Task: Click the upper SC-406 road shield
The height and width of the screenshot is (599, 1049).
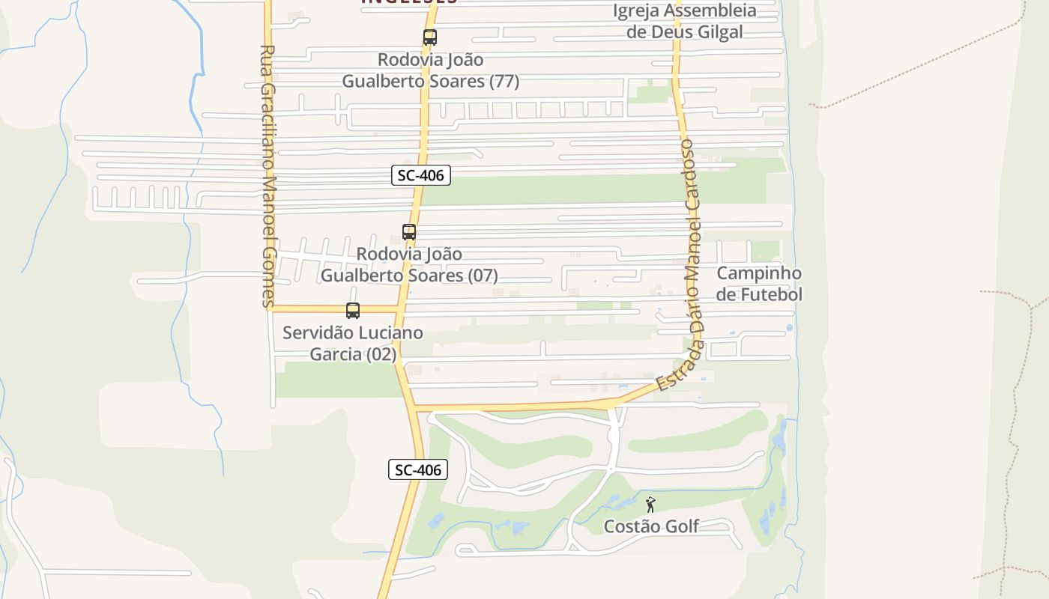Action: (x=420, y=176)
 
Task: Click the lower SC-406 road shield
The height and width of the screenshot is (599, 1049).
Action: (x=418, y=469)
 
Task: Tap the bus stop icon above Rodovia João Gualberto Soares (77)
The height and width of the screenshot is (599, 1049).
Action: (x=429, y=37)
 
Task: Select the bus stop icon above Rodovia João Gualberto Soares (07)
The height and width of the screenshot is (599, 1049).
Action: (x=409, y=232)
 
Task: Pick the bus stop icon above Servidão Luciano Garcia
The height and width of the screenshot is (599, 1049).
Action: (x=353, y=310)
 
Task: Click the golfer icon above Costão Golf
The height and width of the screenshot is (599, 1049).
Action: (x=650, y=505)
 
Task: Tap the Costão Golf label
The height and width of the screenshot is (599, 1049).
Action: (x=652, y=526)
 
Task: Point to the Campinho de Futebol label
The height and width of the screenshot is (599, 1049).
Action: (x=758, y=284)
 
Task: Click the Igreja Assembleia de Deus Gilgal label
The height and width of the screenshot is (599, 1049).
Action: (x=685, y=21)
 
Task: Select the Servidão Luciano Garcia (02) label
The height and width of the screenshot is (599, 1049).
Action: (x=353, y=343)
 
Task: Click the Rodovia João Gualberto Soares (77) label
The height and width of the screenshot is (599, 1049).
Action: (x=431, y=70)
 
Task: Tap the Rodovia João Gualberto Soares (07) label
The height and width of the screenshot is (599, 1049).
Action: (x=409, y=265)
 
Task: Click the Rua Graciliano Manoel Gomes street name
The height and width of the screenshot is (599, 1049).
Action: (x=268, y=176)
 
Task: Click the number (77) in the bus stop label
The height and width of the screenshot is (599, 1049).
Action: (x=504, y=82)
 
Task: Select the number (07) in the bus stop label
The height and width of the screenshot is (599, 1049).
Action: (x=483, y=276)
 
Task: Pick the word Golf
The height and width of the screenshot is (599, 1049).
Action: (x=682, y=526)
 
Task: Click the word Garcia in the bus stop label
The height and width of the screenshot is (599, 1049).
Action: (x=336, y=354)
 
